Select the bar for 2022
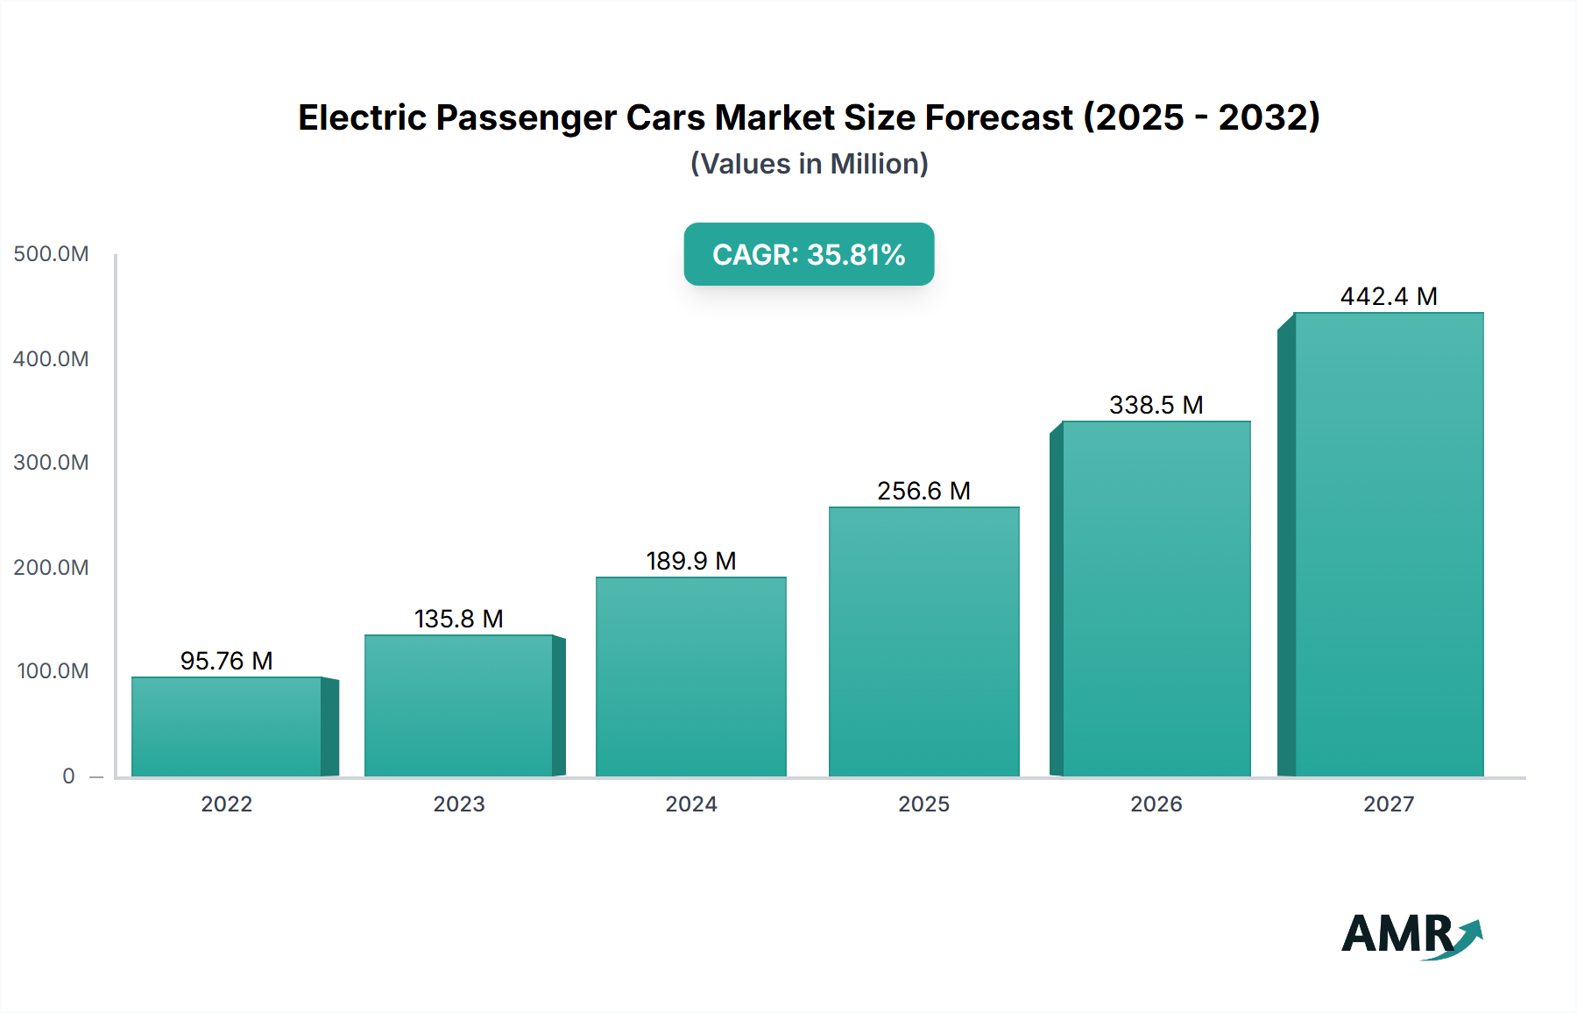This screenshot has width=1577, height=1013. pyautogui.click(x=226, y=726)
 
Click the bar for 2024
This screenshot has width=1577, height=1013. pyautogui.click(x=691, y=677)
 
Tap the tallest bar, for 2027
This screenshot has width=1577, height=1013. pyautogui.click(x=1389, y=544)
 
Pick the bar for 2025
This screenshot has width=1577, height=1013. pyautogui.click(x=924, y=641)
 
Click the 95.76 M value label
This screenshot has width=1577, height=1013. pyautogui.click(x=226, y=661)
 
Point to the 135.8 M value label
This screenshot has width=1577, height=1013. pyautogui.click(x=458, y=619)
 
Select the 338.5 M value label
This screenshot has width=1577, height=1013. pyautogui.click(x=1156, y=405)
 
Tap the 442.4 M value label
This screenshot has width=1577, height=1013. pyautogui.click(x=1389, y=296)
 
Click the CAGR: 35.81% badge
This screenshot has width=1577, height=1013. pyautogui.click(x=809, y=254)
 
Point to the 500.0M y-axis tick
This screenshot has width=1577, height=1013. pyautogui.click(x=51, y=254)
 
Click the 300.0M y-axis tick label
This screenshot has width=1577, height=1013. pyautogui.click(x=51, y=462)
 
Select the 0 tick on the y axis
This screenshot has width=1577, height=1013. pyautogui.click(x=68, y=776)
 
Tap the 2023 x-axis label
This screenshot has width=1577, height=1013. pyautogui.click(x=458, y=804)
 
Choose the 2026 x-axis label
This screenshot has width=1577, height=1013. pyautogui.click(x=1156, y=804)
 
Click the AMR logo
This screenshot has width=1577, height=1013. pyautogui.click(x=1411, y=935)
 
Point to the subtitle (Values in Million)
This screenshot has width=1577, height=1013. pyautogui.click(x=809, y=164)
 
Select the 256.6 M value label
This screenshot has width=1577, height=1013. pyautogui.click(x=923, y=491)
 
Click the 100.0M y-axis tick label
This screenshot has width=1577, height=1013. pyautogui.click(x=53, y=670)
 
